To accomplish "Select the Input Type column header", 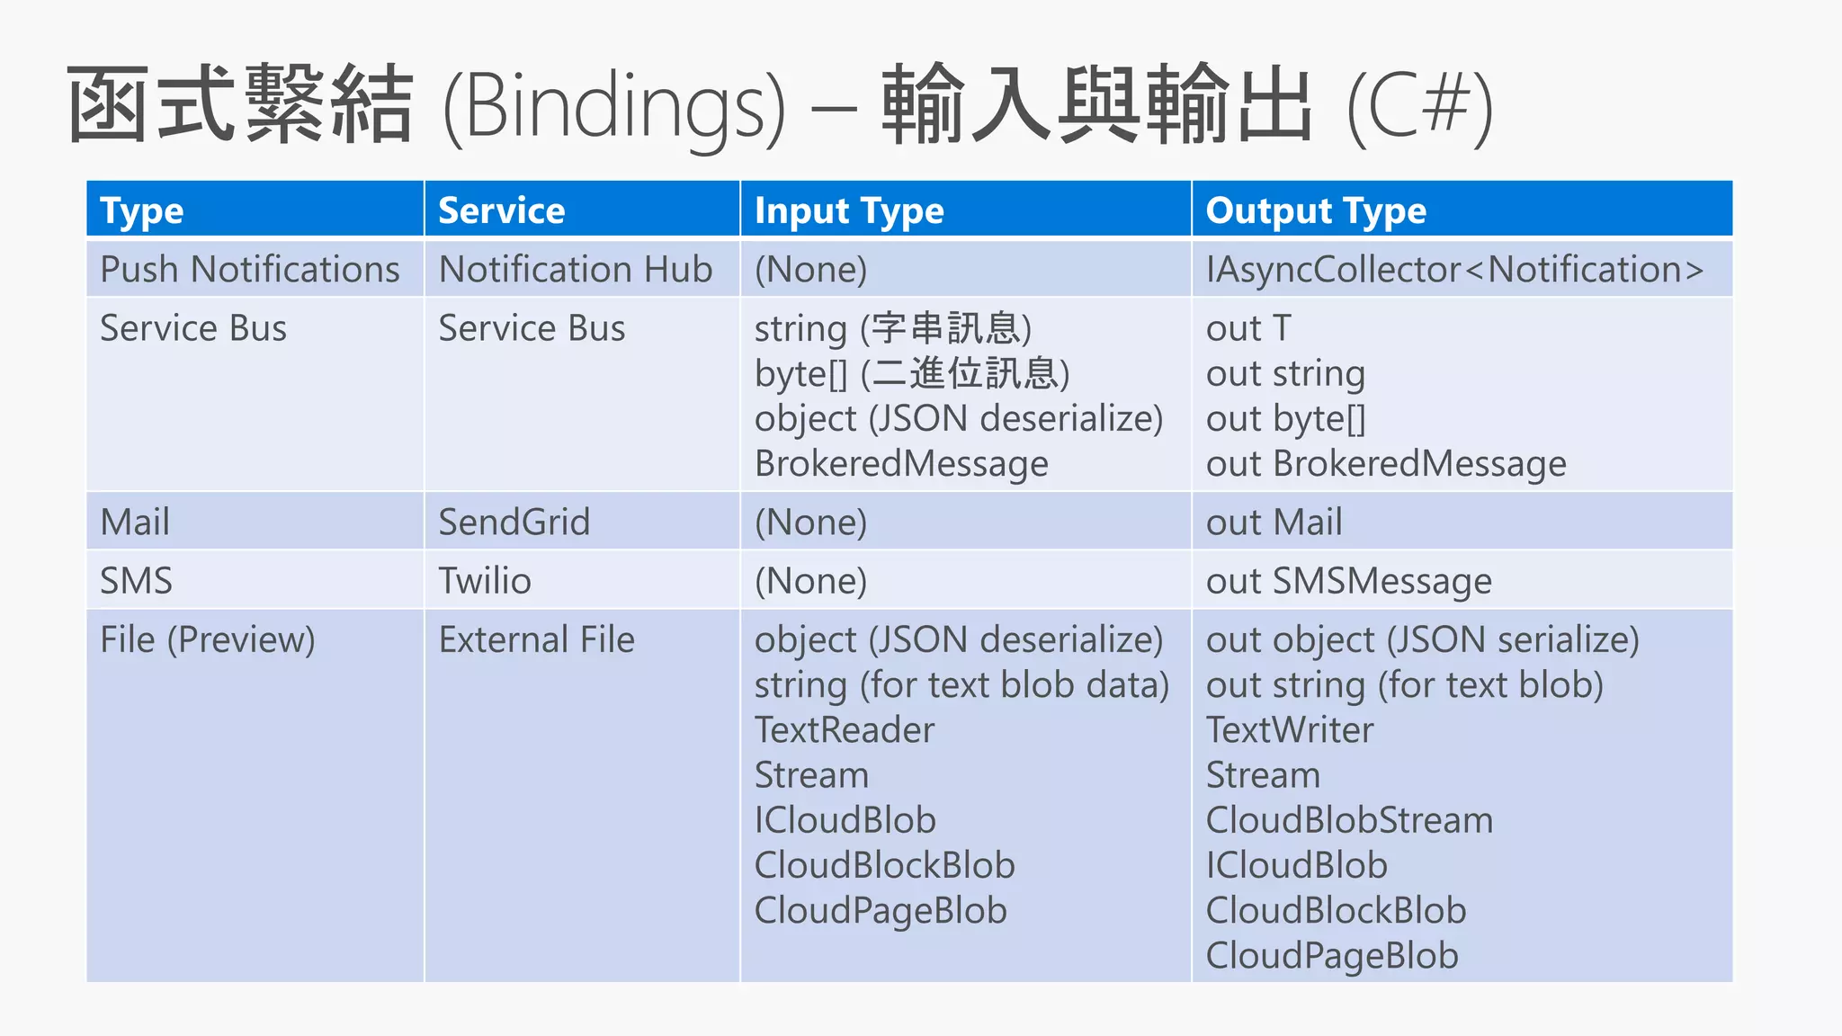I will click(849, 210).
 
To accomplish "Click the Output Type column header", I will click(1316, 210).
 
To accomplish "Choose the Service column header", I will click(501, 210).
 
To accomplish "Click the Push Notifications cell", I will click(249, 269).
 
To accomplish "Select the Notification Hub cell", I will click(576, 269).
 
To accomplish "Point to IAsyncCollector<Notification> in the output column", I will click(1454, 269).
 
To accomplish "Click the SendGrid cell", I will click(514, 522).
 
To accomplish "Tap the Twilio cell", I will click(484, 580).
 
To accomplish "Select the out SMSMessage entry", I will click(1348, 580).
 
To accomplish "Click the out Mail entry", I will click(1274, 522).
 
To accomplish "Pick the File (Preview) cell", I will click(208, 639).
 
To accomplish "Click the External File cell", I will click(536, 639).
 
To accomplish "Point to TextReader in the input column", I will click(845, 729).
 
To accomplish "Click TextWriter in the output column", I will click(1290, 729).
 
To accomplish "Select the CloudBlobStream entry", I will click(1349, 819).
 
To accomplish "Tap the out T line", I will click(1248, 328).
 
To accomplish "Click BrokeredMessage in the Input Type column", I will click(901, 463).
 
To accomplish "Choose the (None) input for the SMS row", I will click(810, 580).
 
